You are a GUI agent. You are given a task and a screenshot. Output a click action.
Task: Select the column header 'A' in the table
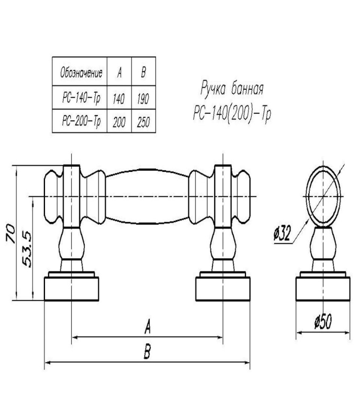(119, 72)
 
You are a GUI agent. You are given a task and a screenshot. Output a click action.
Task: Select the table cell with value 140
(119, 97)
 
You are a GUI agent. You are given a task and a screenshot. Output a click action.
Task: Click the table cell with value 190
(142, 97)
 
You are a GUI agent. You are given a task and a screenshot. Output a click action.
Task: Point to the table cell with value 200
(119, 122)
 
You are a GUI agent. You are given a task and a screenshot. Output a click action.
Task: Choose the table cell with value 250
(142, 122)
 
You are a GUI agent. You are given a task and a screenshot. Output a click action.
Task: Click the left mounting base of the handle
(72, 288)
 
